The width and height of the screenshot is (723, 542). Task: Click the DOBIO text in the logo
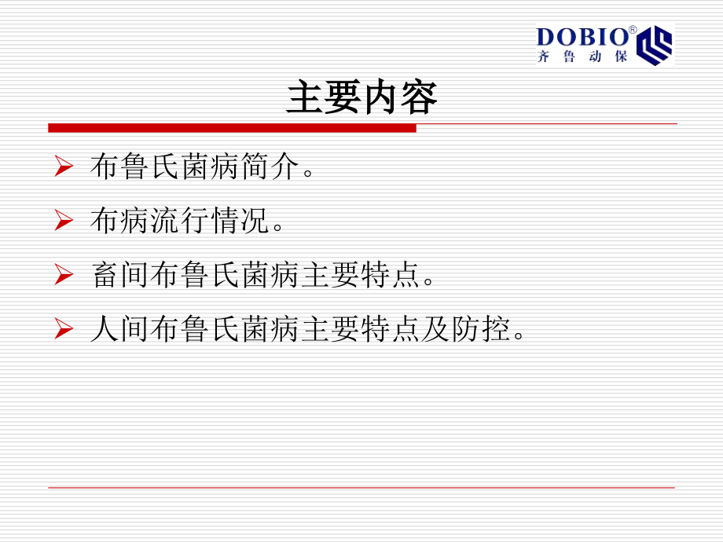(582, 37)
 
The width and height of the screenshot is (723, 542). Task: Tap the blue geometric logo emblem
(654, 45)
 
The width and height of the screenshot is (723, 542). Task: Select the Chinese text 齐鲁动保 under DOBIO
(582, 57)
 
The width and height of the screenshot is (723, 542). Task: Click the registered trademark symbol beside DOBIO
(632, 30)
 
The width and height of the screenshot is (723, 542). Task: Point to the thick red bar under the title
(232, 127)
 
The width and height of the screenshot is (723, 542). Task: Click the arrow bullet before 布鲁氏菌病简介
(64, 167)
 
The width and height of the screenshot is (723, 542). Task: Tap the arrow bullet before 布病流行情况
(64, 222)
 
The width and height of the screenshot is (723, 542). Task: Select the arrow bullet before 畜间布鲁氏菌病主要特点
(64, 275)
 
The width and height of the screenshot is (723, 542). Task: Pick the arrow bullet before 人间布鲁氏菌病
(64, 329)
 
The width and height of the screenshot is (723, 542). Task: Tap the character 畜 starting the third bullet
(105, 276)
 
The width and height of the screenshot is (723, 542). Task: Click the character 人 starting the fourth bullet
(105, 330)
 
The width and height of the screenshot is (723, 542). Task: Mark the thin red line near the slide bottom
(361, 488)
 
